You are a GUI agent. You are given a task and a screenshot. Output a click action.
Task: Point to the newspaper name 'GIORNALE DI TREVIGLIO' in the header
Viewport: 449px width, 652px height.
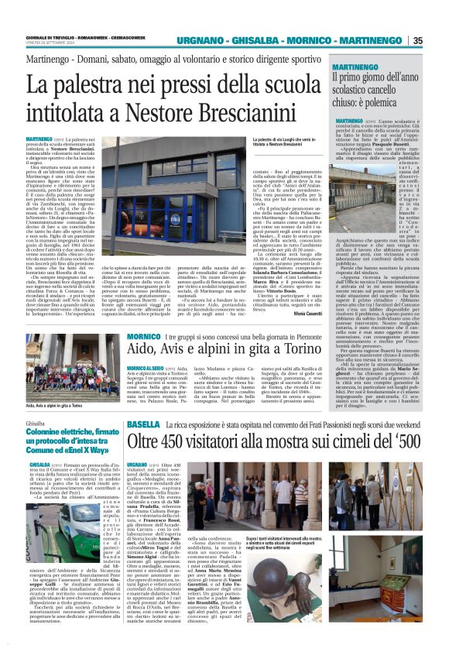click(47, 36)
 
